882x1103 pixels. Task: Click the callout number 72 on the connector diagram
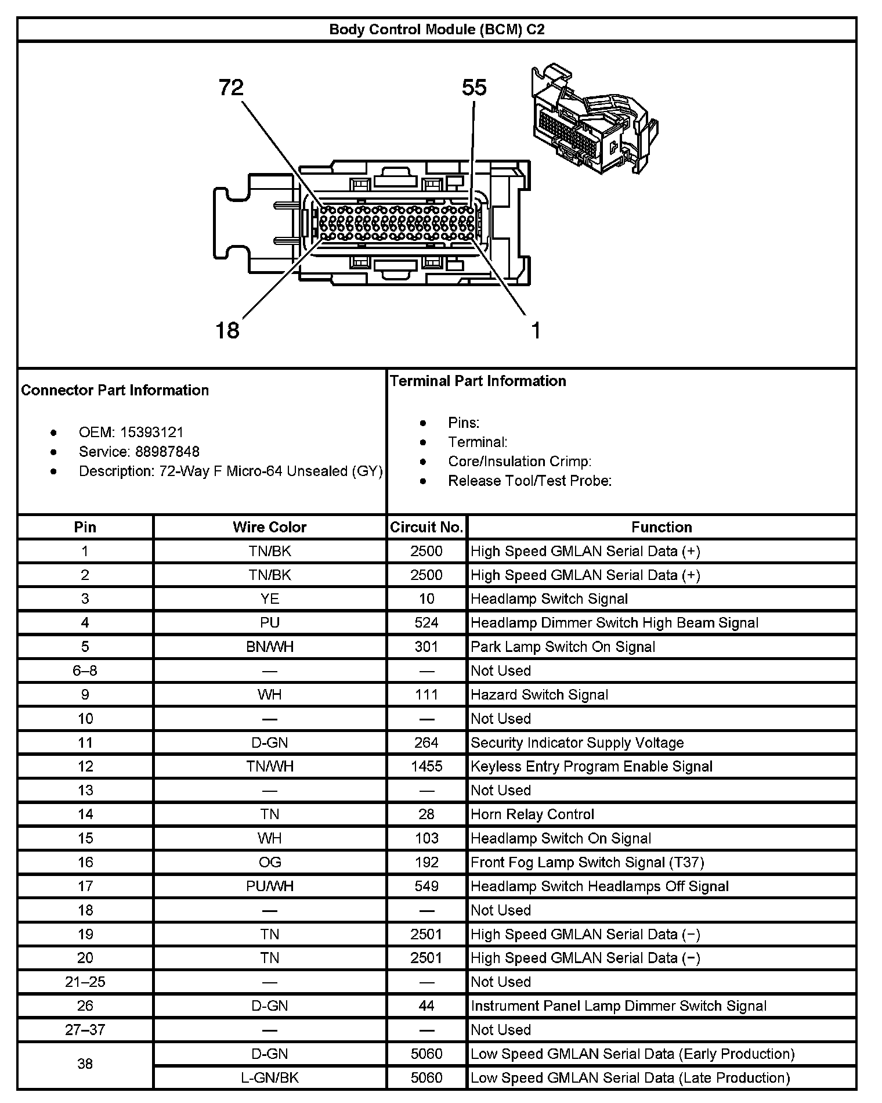click(231, 88)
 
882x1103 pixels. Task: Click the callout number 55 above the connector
click(474, 88)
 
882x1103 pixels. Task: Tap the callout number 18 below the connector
click(227, 330)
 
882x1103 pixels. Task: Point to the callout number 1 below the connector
click(536, 330)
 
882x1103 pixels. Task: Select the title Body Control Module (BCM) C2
click(437, 30)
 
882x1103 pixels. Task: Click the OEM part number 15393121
click(152, 432)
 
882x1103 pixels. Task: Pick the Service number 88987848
click(167, 452)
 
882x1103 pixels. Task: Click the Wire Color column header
click(270, 527)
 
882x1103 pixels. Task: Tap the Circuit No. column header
click(426, 527)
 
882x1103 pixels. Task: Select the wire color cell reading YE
click(270, 599)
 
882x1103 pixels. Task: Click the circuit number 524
click(426, 623)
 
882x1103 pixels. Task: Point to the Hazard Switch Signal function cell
click(540, 695)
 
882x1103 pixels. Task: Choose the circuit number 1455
click(426, 766)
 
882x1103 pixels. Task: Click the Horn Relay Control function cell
click(533, 814)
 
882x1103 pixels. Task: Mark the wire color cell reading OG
click(270, 862)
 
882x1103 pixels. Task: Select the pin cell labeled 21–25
click(85, 982)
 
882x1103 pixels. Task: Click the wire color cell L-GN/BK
click(270, 1077)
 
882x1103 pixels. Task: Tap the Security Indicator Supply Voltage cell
click(577, 742)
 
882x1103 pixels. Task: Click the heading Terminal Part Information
click(478, 381)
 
